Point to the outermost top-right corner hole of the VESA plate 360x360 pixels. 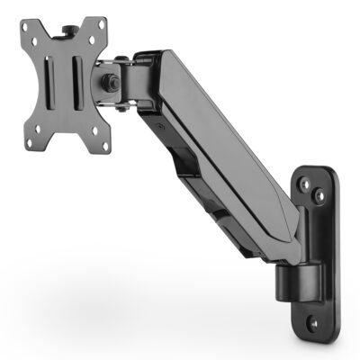tap(98, 30)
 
